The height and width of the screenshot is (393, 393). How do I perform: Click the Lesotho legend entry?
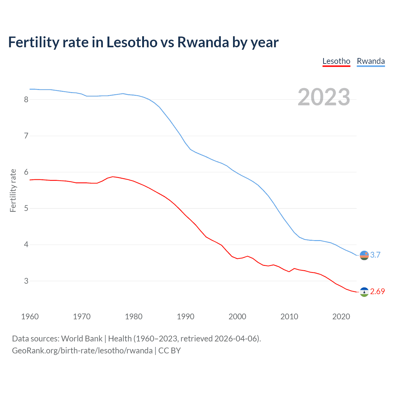coord(336,61)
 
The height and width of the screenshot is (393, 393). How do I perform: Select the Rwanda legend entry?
coord(371,61)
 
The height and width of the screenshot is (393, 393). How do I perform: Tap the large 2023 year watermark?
coord(324,97)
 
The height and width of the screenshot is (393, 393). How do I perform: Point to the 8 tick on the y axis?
coord(26,99)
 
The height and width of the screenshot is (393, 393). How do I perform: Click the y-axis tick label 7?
coord(26,136)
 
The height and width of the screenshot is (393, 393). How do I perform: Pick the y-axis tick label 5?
coord(26,208)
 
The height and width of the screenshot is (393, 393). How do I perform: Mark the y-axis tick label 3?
coord(26,281)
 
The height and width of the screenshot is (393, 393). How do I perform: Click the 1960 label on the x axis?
coord(30,317)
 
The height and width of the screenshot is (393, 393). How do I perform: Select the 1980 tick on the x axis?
coord(134,317)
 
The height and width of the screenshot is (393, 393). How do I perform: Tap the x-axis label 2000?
coord(237,317)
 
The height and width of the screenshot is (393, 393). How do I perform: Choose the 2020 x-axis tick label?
coord(341,317)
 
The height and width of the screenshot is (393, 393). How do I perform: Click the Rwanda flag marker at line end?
coord(364,255)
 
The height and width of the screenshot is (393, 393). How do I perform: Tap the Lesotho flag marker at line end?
coord(364,292)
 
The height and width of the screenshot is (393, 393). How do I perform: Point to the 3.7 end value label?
coord(375,255)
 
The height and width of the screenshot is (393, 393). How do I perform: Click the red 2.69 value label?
coord(377,292)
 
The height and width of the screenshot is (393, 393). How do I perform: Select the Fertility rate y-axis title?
coord(13,190)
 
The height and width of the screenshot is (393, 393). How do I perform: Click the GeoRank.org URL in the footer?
coord(82,350)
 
